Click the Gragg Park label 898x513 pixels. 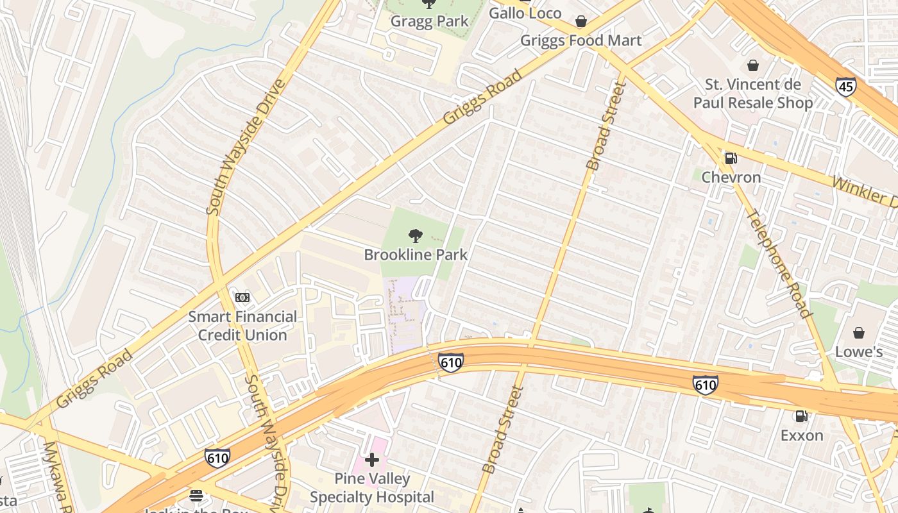(430, 21)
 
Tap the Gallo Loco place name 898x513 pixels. (525, 13)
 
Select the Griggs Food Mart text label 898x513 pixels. (580, 41)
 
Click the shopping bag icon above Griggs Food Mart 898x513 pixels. (581, 22)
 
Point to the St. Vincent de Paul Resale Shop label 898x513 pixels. (752, 94)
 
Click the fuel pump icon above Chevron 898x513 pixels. (730, 158)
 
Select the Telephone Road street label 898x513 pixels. (780, 264)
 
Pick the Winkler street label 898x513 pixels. (863, 192)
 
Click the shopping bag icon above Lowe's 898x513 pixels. (858, 333)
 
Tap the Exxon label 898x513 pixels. (801, 435)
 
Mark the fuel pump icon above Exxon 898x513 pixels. (801, 416)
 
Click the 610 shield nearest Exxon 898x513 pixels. (705, 385)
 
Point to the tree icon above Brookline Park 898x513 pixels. (416, 236)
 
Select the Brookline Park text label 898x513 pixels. (416, 255)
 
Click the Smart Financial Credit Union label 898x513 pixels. (242, 326)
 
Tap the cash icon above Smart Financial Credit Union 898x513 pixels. (242, 298)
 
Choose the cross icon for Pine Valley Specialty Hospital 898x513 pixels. (372, 460)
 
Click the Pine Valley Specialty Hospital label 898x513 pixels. (372, 488)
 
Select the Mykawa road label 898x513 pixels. (56, 475)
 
